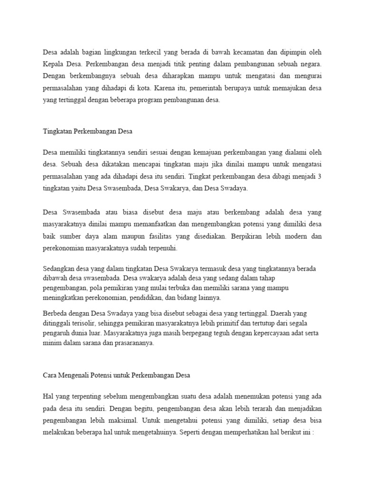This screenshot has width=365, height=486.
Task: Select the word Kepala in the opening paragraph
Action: click(x=53, y=63)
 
